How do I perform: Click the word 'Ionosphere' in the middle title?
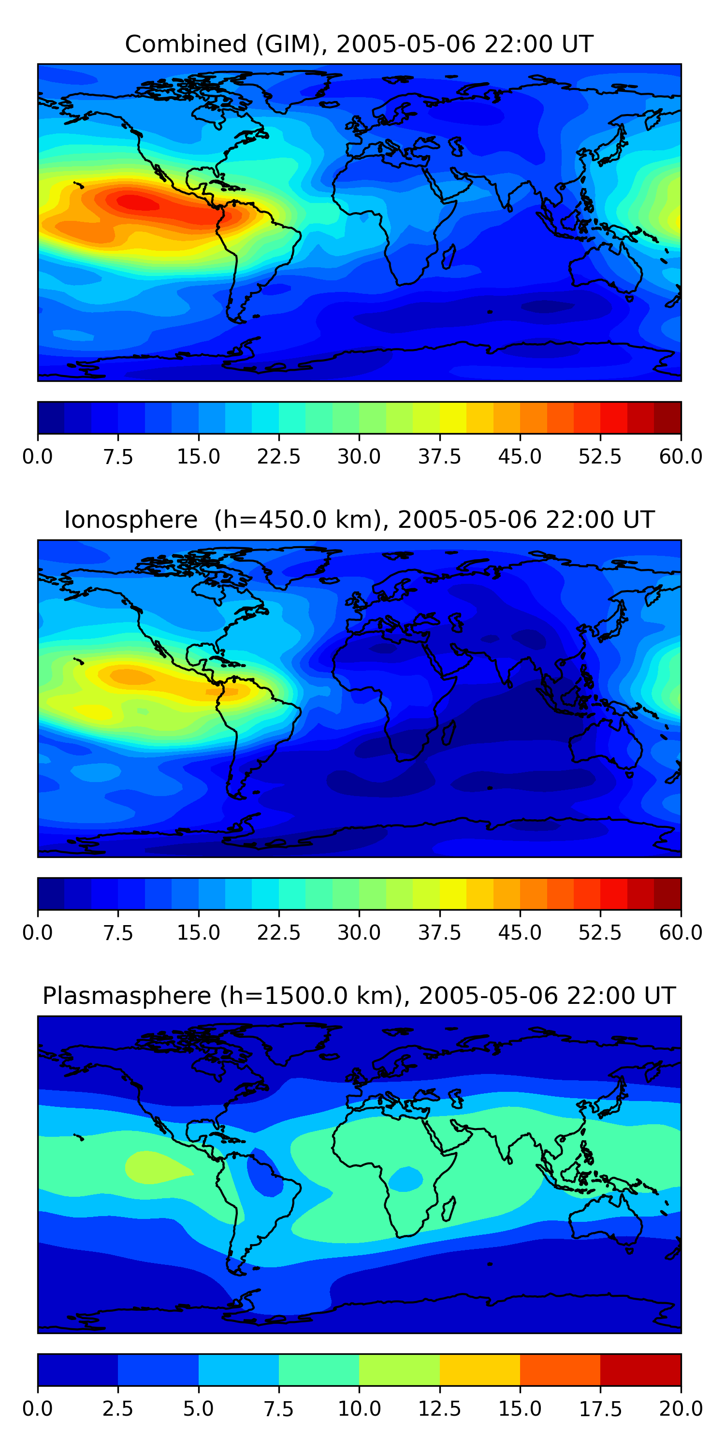tap(130, 520)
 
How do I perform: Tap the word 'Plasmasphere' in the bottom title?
tap(127, 996)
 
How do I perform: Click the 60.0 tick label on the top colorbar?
tap(681, 456)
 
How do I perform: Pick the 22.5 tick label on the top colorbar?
tap(278, 456)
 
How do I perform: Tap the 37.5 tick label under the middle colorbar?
tap(439, 933)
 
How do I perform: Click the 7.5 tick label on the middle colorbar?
tap(117, 933)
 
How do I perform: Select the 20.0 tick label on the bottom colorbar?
tap(681, 1409)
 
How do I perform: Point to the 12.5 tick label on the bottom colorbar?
tap(439, 1409)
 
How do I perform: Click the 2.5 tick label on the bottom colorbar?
tap(117, 1409)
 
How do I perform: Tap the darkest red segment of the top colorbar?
tap(667, 418)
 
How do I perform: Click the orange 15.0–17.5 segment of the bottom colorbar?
tap(560, 1369)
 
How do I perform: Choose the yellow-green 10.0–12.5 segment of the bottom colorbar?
tap(399, 1369)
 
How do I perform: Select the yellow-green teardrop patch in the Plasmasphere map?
tap(152, 1167)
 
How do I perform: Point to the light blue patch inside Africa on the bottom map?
tap(406, 1178)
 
